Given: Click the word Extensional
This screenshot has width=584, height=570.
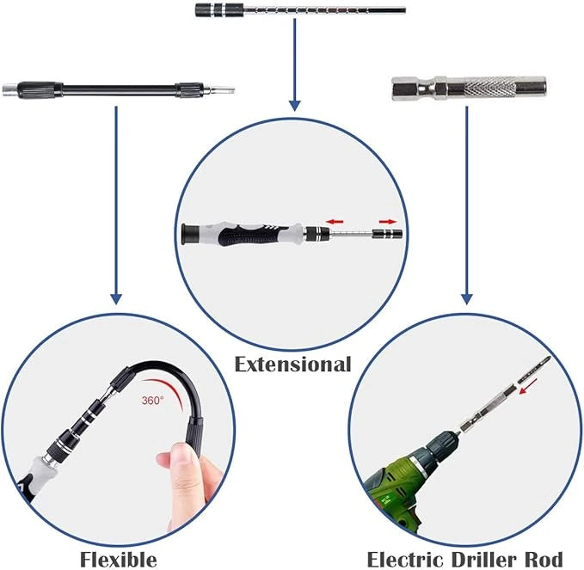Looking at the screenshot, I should point(293,364).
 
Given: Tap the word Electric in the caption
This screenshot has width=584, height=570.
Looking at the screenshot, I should point(407,559).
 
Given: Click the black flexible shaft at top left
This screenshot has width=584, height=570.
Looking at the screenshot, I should point(120,89).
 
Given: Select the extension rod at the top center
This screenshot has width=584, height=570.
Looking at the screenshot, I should point(344,10).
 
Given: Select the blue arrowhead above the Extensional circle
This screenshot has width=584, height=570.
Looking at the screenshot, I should point(294,104).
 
